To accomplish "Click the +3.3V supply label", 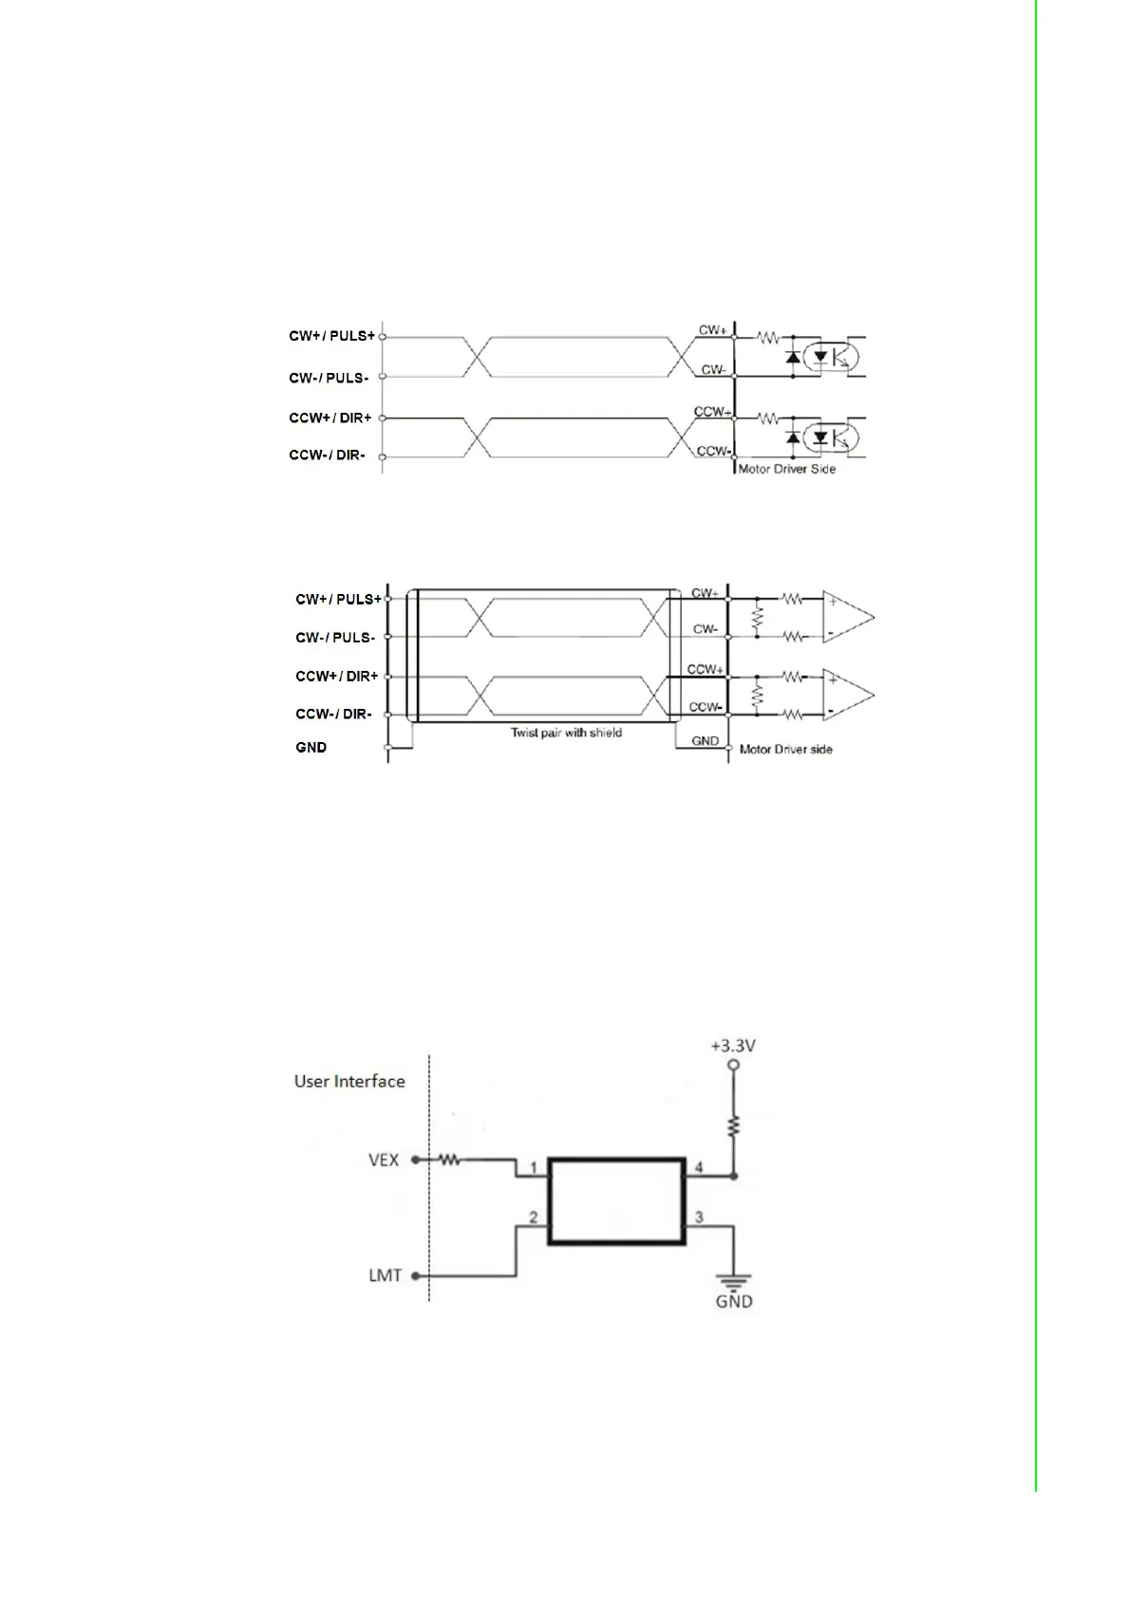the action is [733, 1046].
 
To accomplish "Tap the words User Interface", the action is [349, 1082].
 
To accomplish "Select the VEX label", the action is [384, 1160].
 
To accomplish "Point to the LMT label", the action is [385, 1274].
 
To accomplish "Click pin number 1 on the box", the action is [534, 1167].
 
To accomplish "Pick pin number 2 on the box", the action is [534, 1217].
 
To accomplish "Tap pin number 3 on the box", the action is [699, 1217].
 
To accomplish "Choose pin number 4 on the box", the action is [699, 1167].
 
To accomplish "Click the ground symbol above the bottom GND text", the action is [734, 1280].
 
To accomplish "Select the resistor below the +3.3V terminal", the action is [733, 1125].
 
